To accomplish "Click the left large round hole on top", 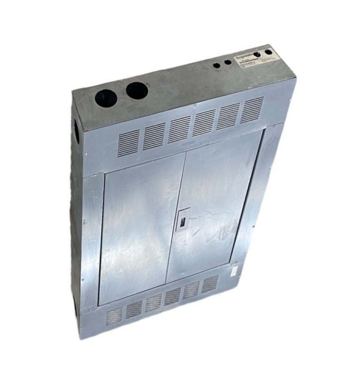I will point(106,98).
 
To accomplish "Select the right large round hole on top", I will point(137,90).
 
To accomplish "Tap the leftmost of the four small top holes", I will point(217,65).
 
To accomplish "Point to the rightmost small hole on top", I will point(268,52).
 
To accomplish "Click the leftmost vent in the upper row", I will point(128,143).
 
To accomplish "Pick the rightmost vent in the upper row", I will point(252,110).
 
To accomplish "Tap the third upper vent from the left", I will point(179,129).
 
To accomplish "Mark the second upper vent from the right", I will point(229,116).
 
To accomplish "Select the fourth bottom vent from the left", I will point(173,297).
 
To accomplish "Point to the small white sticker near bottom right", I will point(232,270).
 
